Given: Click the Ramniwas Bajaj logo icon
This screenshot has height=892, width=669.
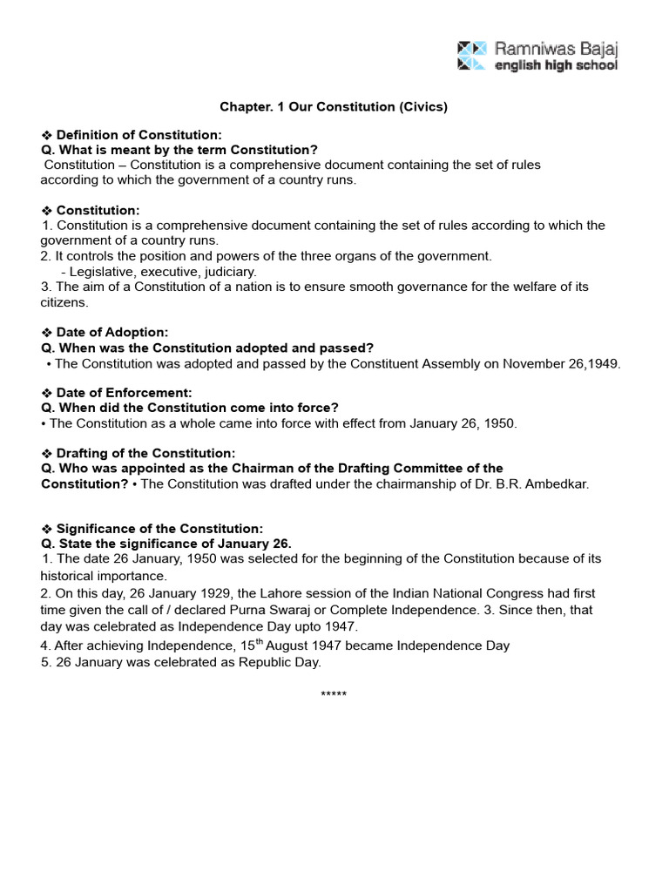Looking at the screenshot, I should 471,54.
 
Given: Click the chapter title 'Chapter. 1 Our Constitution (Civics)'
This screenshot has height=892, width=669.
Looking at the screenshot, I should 333,106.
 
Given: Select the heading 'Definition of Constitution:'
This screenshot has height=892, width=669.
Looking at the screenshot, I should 139,135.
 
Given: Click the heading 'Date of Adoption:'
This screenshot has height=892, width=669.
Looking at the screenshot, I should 111,332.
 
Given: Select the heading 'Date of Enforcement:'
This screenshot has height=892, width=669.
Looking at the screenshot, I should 124,393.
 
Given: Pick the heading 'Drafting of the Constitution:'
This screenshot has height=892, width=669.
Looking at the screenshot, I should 145,453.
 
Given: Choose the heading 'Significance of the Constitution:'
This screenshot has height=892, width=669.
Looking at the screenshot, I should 159,529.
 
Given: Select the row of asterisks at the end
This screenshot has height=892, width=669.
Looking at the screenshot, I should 334,695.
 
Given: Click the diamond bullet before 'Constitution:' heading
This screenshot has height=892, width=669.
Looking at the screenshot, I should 47,211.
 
